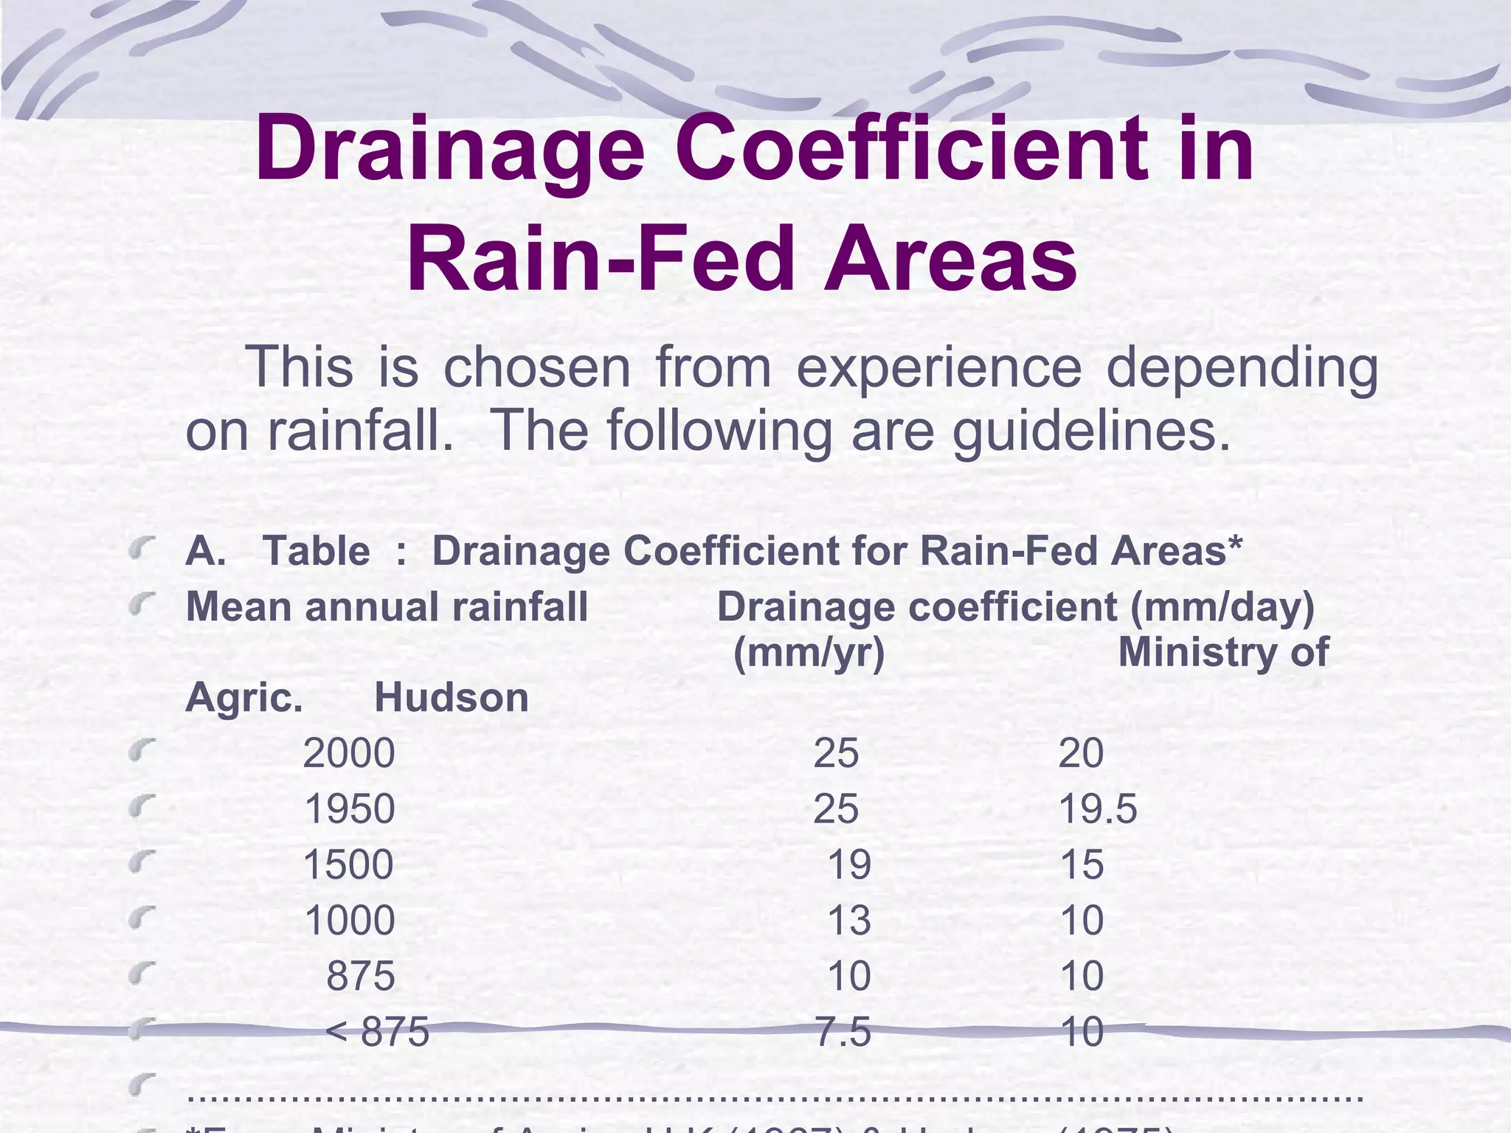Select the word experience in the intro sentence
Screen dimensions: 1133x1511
tap(938, 367)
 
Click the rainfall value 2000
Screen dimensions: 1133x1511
tap(349, 753)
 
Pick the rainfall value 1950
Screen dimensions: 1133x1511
tap(349, 809)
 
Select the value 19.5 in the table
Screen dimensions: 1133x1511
tap(1098, 809)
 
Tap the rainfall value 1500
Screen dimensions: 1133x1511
tap(348, 865)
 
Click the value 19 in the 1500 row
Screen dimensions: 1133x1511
tap(849, 865)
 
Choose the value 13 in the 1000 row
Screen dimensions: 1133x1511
tap(849, 921)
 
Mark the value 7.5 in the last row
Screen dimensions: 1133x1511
tap(843, 1031)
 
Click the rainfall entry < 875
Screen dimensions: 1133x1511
tap(377, 1031)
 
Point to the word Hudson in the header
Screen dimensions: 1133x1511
tap(452, 698)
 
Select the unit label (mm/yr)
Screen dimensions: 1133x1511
tap(809, 653)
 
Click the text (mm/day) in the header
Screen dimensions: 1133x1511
tap(1223, 607)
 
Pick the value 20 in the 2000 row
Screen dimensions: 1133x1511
tap(1081, 753)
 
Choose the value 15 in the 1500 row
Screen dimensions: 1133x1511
tap(1082, 865)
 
